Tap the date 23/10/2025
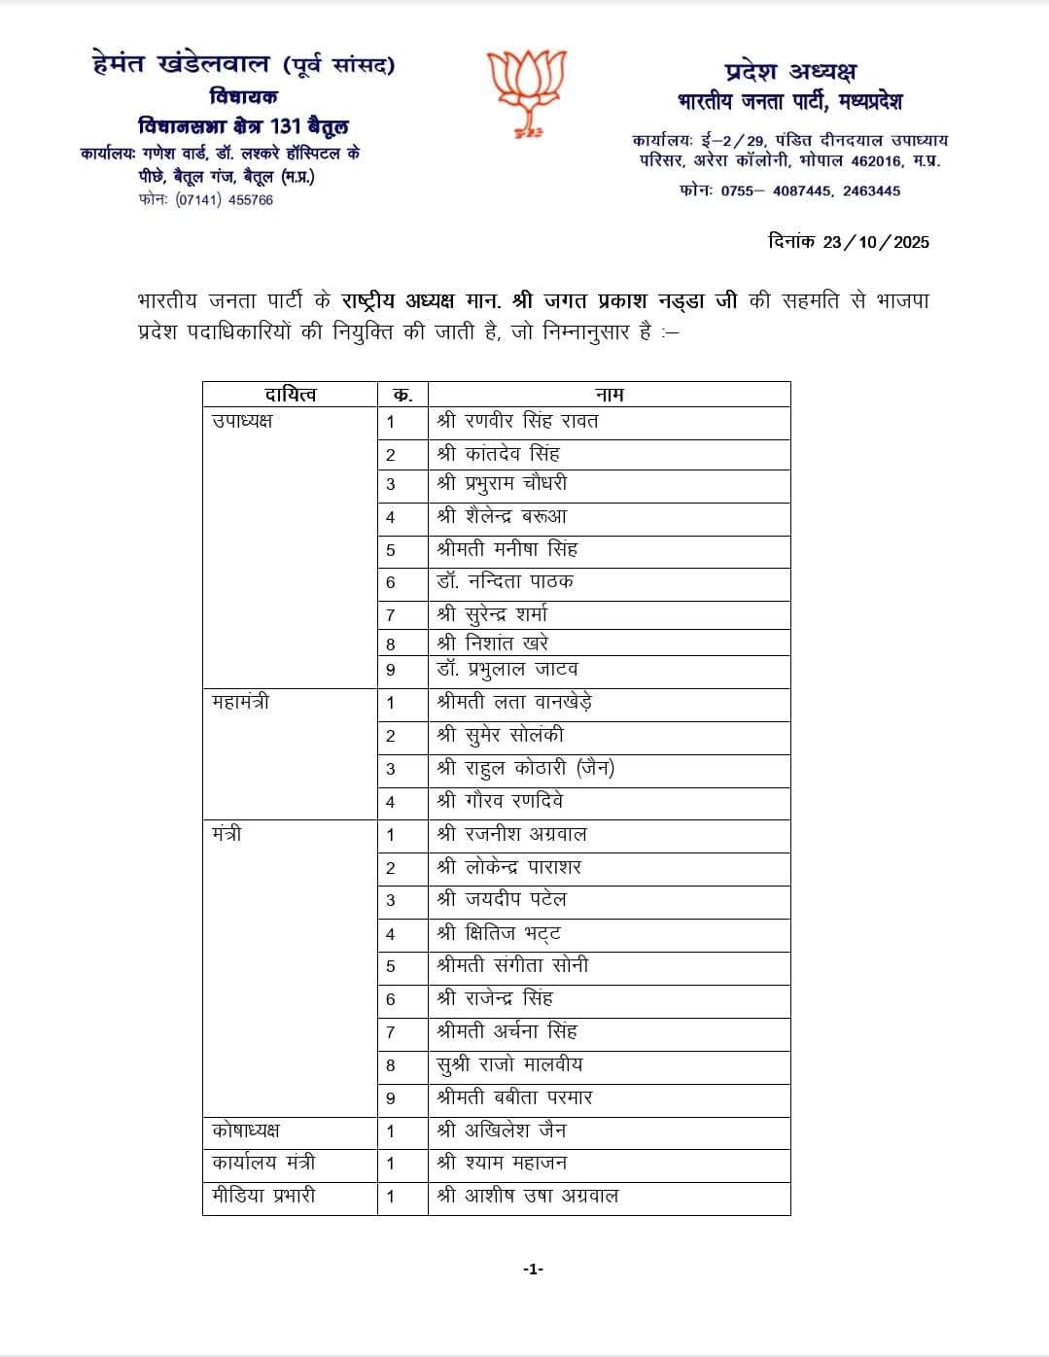[875, 242]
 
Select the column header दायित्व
[290, 394]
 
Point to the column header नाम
[609, 394]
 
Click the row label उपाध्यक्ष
[242, 421]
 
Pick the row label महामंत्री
[240, 702]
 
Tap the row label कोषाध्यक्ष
[246, 1131]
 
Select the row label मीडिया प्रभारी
[263, 1196]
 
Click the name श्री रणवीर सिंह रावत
[517, 421]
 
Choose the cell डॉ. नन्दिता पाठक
[505, 581]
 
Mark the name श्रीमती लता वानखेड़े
[515, 702]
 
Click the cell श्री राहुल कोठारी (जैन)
[525, 768]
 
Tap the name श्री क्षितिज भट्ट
[499, 933]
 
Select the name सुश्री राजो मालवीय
[509, 1064]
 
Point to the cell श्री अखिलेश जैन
[502, 1131]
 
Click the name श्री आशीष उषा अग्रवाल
[528, 1196]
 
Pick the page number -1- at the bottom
[533, 1269]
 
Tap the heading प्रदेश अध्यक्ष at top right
[790, 71]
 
